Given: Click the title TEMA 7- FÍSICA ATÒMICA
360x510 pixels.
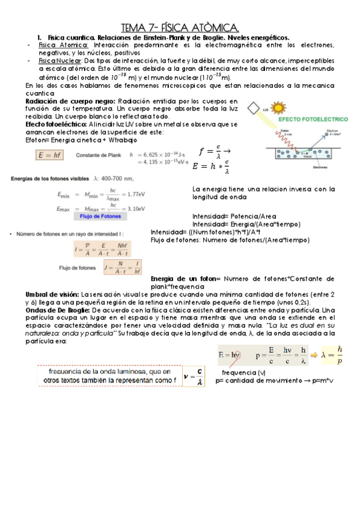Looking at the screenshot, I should pos(180,27).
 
